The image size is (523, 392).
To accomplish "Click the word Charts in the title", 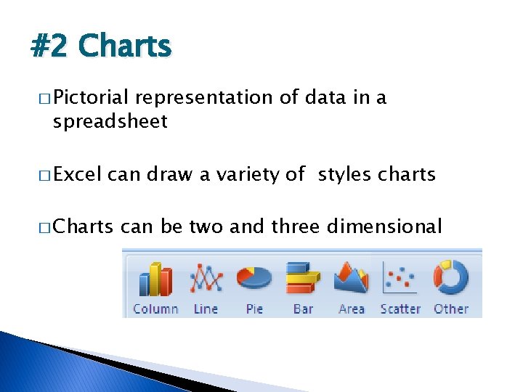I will tap(124, 46).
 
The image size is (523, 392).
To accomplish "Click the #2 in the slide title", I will tap(50, 46).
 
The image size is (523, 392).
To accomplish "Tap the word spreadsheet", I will tap(110, 121).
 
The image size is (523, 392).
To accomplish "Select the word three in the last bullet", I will tap(295, 226).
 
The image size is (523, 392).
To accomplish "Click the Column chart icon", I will tap(155, 279).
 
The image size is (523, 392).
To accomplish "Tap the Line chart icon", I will tap(206, 279).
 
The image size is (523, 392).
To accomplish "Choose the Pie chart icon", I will tap(254, 278).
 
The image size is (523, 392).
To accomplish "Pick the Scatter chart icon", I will tap(400, 278).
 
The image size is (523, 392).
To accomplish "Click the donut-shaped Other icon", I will tap(450, 278).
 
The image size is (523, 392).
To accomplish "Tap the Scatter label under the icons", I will tap(400, 309).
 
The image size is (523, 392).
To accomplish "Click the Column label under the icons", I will tap(155, 309).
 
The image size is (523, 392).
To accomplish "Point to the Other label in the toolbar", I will tap(451, 309).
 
